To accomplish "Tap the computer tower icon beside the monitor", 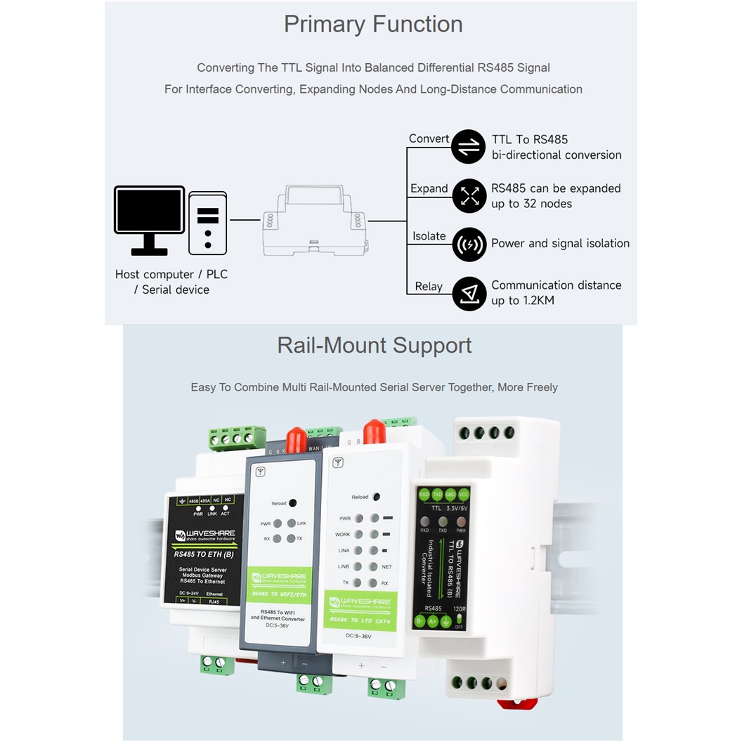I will [208, 223].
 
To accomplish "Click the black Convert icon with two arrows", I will [468, 147].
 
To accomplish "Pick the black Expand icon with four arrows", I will [469, 196].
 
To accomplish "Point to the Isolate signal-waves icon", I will [469, 245].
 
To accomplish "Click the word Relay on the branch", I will [429, 287].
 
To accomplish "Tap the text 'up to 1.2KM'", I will [523, 301].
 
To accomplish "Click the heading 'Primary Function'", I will [373, 24].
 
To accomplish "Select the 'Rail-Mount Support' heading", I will [375, 345].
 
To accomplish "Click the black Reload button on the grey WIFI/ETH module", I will [293, 503].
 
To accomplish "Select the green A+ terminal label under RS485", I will [434, 621].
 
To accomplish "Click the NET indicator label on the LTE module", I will [386, 566].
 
